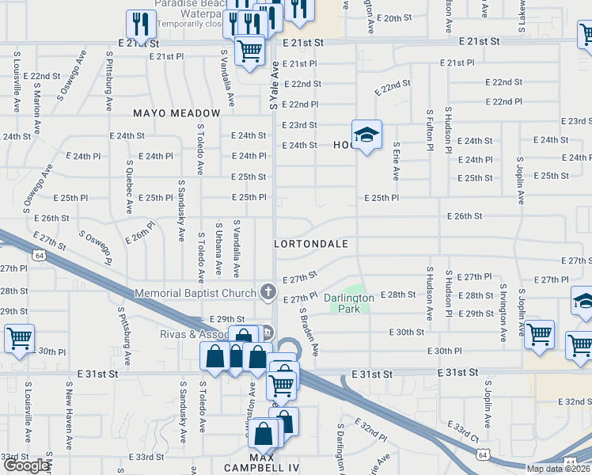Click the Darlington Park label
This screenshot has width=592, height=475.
point(348,302)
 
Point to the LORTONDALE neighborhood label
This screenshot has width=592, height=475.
point(311,244)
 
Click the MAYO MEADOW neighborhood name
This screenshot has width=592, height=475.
point(176,113)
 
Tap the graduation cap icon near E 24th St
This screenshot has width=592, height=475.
point(366,135)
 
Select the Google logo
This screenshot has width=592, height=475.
point(25,465)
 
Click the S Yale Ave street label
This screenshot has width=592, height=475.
point(274,85)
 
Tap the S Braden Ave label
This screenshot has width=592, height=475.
point(308,332)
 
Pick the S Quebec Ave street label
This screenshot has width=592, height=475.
point(130,188)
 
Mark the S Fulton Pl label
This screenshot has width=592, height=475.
point(430,131)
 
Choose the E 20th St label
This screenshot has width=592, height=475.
point(394,17)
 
